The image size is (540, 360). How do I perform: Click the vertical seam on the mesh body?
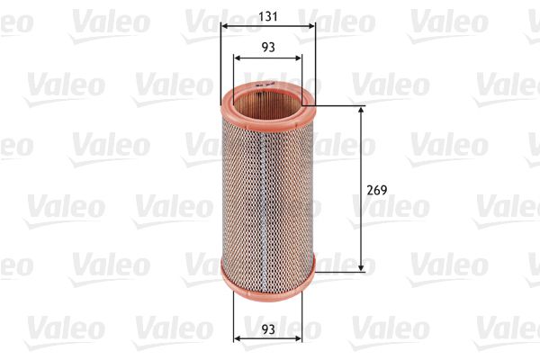(260, 189)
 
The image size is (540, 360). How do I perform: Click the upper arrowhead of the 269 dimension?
(361, 110)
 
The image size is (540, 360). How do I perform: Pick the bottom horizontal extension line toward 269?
(337, 271)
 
